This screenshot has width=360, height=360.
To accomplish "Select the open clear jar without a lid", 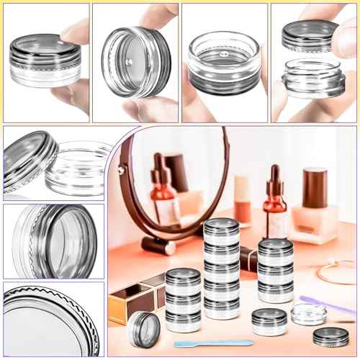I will (308, 313).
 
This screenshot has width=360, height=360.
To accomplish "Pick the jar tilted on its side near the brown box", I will (144, 325).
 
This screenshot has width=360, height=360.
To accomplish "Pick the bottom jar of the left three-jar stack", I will (184, 318).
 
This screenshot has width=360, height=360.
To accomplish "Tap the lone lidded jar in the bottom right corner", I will (330, 336).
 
